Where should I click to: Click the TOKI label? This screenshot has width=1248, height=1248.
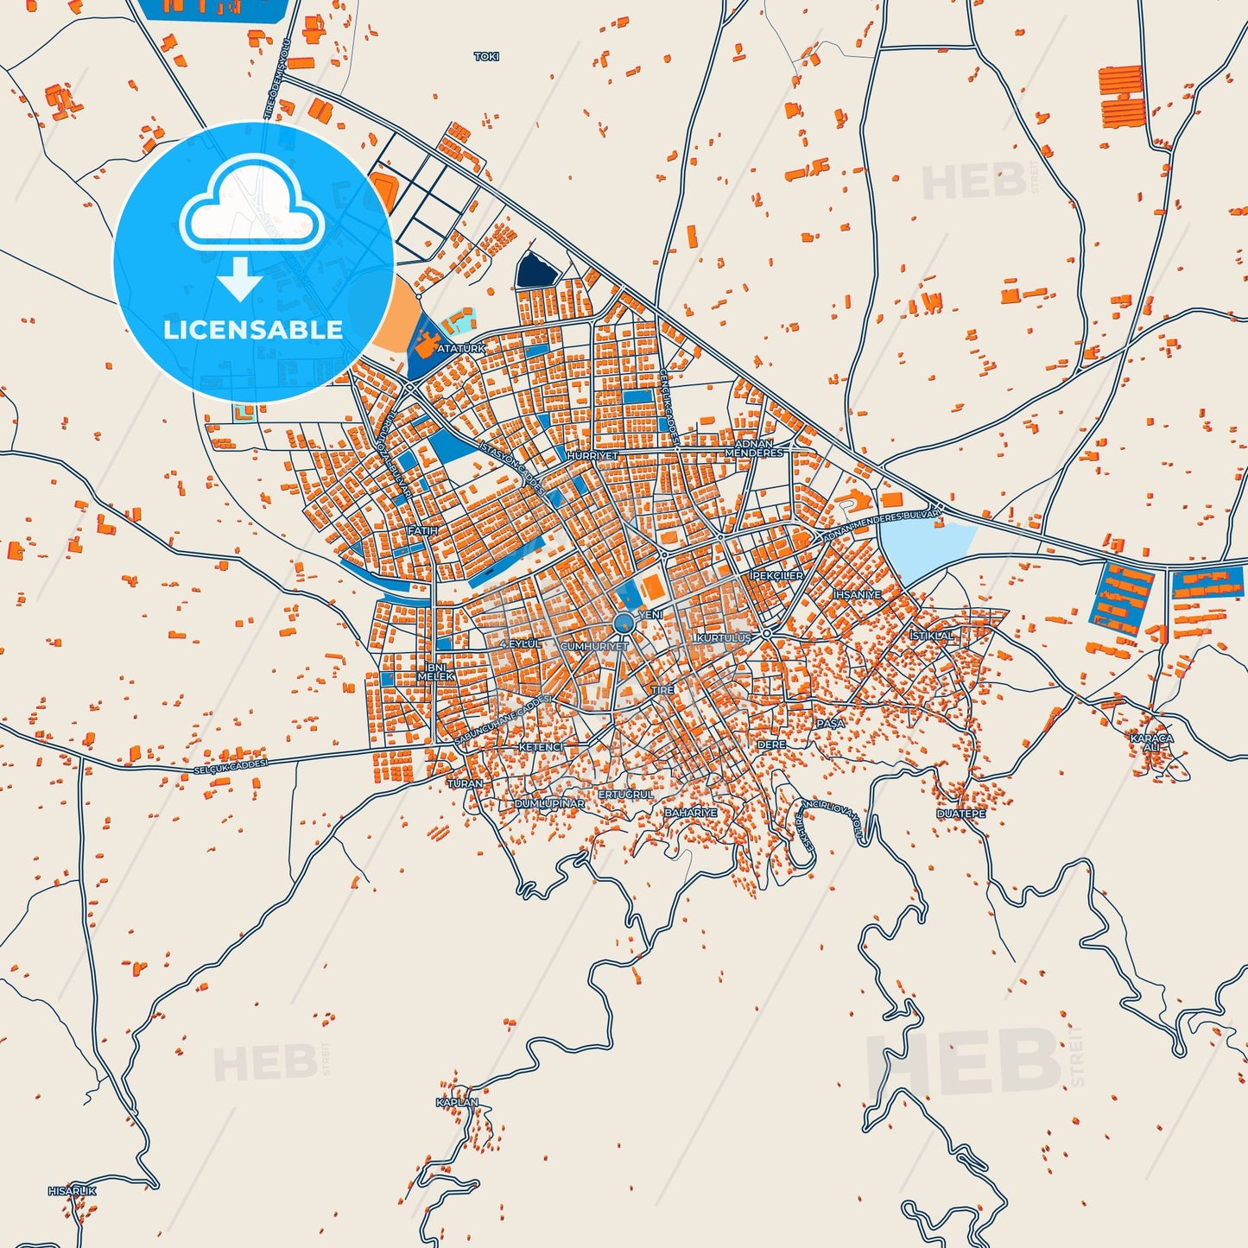486,57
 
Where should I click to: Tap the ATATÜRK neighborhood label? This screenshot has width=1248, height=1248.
461,348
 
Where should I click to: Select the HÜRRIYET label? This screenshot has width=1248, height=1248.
592,455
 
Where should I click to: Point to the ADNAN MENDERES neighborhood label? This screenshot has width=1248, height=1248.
753,448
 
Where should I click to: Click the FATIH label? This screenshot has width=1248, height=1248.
422,531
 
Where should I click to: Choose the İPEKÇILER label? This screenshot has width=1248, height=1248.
776,575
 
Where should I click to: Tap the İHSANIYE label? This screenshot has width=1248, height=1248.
857,595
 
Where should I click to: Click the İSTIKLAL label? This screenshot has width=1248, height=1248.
932,636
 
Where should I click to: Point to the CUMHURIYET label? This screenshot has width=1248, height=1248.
594,646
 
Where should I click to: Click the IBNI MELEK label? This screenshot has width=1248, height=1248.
435,672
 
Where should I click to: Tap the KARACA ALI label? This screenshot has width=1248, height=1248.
1152,743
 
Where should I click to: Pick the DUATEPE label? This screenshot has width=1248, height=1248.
960,814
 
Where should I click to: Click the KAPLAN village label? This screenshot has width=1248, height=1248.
457,1103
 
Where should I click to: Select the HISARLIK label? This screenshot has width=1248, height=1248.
72,1191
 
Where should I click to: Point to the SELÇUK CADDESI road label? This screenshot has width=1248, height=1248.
231,766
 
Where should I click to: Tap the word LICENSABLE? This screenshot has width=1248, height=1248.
253,330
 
